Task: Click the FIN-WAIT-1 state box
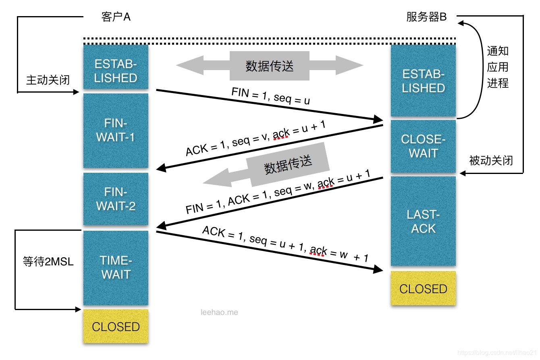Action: pos(116,130)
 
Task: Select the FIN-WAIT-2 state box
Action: pos(116,199)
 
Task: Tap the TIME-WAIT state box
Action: pos(116,267)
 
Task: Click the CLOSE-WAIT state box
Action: pos(423,146)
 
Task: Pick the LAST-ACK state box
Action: pos(423,221)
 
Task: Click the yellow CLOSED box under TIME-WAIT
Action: pos(116,326)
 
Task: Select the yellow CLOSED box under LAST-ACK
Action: pos(423,288)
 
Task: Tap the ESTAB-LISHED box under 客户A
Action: pos(116,66)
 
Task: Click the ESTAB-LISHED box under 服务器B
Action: pos(423,81)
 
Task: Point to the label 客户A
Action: pos(116,17)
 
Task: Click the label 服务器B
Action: pos(426,17)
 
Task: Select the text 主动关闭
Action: pos(48,80)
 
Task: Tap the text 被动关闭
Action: pos(491,160)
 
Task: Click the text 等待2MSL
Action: pos(48,262)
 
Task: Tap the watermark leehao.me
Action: pos(219,312)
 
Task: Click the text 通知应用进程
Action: pos(498,67)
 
